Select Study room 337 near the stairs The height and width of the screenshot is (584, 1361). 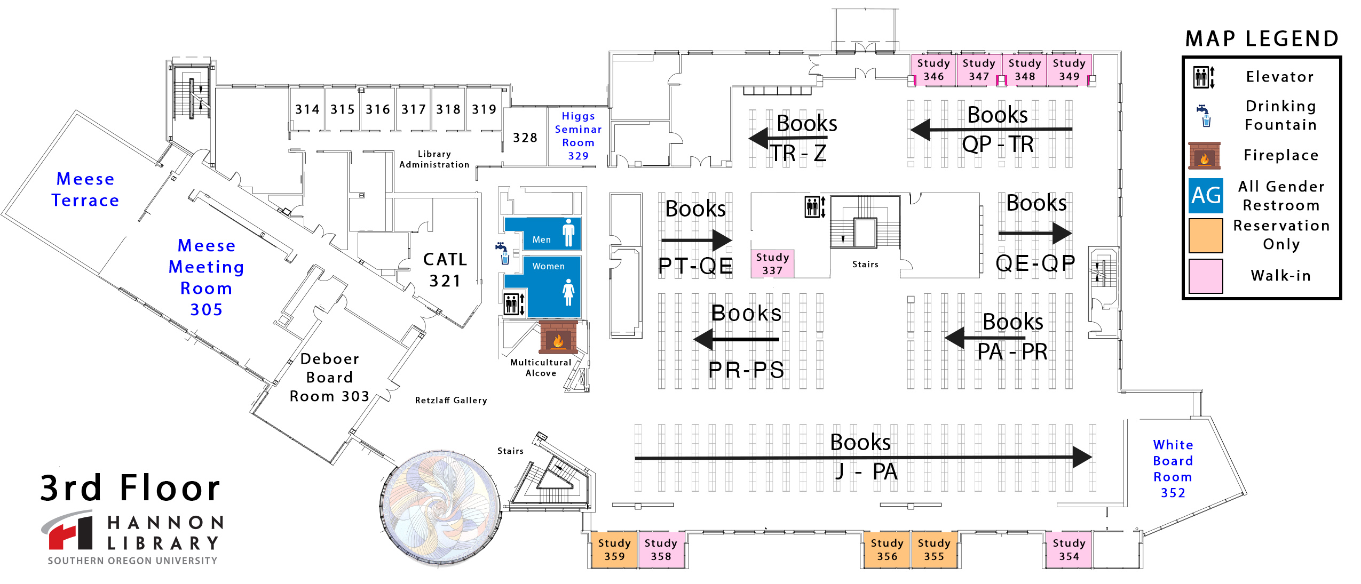772,264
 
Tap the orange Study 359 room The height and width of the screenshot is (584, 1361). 614,550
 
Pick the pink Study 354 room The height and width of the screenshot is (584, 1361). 1069,550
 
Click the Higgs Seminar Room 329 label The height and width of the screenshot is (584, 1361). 578,136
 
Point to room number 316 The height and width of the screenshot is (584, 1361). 377,109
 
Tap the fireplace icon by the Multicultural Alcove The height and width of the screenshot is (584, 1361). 558,338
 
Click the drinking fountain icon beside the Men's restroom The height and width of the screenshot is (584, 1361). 502,253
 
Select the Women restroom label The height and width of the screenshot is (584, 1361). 548,266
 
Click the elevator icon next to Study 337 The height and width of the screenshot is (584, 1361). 814,207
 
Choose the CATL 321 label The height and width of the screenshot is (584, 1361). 445,270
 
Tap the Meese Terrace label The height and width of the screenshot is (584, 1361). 85,189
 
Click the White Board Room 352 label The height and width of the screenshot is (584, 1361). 1173,468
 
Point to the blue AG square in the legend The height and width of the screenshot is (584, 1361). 1205,196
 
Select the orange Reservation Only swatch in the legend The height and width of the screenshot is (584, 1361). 1205,235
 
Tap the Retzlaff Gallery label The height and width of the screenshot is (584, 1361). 450,401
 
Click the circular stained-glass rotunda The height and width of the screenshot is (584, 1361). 441,507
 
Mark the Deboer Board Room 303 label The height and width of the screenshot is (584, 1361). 329,378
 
